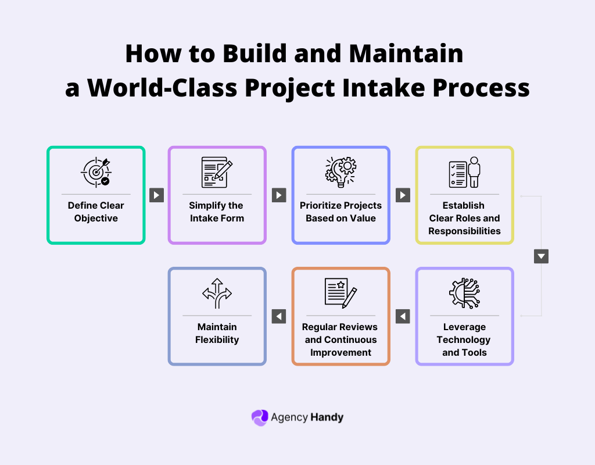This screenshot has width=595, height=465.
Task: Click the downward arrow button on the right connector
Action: pyautogui.click(x=541, y=256)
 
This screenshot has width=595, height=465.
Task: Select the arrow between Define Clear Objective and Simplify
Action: pyautogui.click(x=156, y=195)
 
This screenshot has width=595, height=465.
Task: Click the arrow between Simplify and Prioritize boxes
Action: pyautogui.click(x=279, y=195)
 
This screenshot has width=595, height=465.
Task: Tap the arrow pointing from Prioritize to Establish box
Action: pyautogui.click(x=403, y=195)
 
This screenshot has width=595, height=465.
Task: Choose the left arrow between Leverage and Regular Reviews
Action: pyautogui.click(x=403, y=316)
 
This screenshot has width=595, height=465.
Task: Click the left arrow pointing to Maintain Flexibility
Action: pyautogui.click(x=279, y=316)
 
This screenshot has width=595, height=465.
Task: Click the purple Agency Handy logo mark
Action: pyautogui.click(x=259, y=417)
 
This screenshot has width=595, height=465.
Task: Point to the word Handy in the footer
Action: pyautogui.click(x=327, y=417)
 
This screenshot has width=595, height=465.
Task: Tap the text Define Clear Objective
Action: pyautogui.click(x=96, y=212)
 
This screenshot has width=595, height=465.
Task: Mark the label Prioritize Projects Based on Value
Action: pyautogui.click(x=340, y=212)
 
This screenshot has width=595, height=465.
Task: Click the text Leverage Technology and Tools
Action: pyautogui.click(x=464, y=339)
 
